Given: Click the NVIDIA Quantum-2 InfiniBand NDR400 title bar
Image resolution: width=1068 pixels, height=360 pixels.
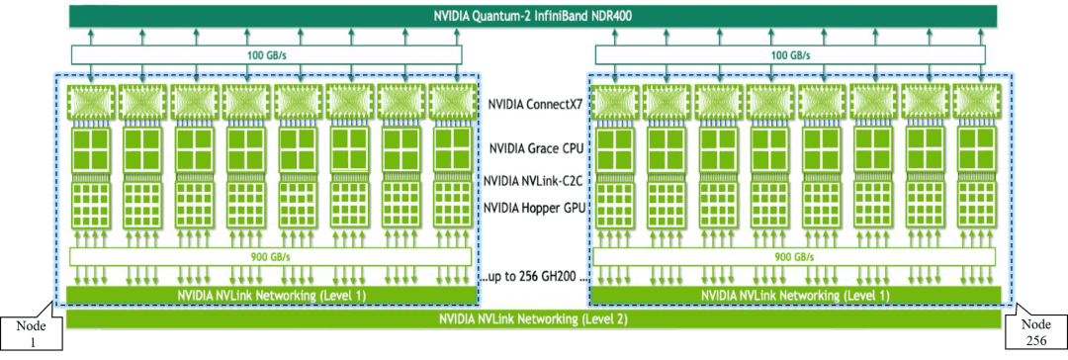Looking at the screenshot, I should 533,16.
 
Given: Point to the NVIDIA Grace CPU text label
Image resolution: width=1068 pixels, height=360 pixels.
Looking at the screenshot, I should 535,149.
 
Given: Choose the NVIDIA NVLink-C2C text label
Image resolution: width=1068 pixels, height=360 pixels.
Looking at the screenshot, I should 535,181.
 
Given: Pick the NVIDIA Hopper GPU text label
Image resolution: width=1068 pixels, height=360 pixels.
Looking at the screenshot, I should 535,208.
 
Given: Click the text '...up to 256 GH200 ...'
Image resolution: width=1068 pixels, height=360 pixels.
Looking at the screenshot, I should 535,275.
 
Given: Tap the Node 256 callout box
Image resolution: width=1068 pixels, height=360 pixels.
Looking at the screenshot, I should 1035,333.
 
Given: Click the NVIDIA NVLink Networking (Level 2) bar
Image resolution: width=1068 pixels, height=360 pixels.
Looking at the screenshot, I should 533,319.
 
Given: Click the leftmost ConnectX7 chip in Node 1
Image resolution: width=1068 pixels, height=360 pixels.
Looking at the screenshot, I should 90,103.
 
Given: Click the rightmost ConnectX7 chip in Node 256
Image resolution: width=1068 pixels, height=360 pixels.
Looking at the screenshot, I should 976,103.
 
